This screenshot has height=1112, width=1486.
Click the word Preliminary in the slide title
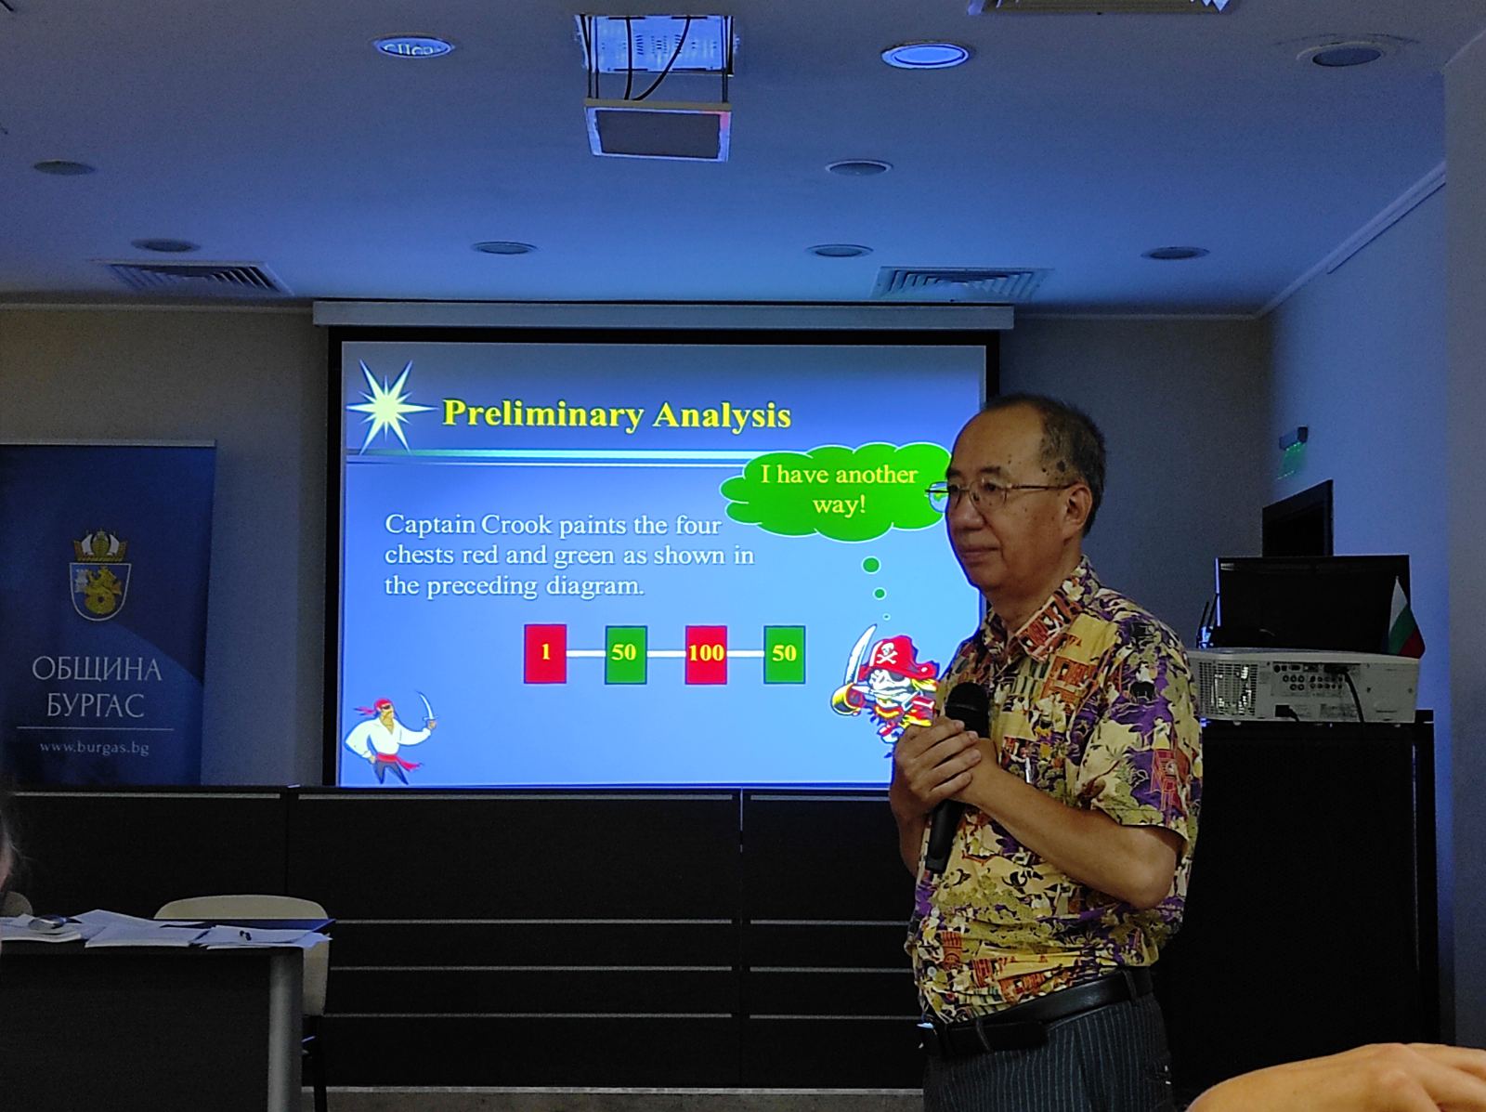543,414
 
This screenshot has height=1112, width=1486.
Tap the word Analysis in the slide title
722,414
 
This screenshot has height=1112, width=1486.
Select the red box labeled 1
545,653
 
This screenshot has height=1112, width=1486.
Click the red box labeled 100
706,654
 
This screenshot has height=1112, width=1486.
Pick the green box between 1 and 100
626,654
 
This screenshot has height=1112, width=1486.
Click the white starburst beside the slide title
387,406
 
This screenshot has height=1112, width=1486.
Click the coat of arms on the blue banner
100,576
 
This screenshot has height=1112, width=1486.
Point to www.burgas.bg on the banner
94,748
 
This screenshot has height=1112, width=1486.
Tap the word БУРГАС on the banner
95,706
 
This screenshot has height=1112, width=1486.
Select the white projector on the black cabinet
1303,684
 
